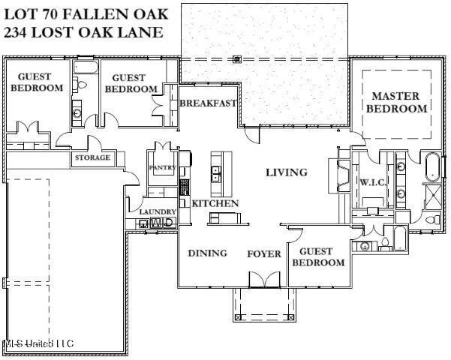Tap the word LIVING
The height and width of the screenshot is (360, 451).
286,172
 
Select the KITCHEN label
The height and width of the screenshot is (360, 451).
215,203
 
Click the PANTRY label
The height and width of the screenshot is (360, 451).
162,167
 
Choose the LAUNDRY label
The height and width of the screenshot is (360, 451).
158,212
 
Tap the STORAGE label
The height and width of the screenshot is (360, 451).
92,157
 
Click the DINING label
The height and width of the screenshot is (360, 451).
207,253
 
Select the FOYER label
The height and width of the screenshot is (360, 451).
264,253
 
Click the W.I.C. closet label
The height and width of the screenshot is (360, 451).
372,182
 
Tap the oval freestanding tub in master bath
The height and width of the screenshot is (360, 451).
433,166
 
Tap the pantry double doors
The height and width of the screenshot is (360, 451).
162,147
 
